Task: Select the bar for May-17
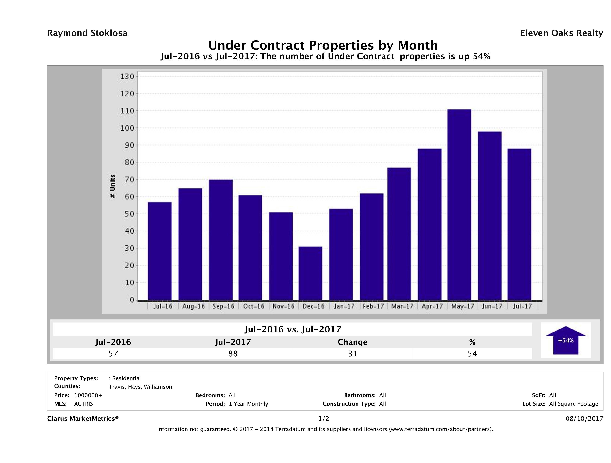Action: coord(459,205)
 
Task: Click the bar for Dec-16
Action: coord(311,273)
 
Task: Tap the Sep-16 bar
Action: coord(221,240)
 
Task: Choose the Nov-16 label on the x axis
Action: coord(284,306)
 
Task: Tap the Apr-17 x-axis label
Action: coord(432,306)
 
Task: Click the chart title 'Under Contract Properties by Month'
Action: coord(323,45)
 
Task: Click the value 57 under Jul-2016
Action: coord(113,353)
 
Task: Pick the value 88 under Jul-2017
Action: coord(233,353)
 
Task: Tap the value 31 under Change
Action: coord(353,353)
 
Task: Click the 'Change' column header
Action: coord(353,342)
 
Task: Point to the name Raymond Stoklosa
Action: coord(87,33)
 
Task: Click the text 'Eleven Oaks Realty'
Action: coord(561,33)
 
